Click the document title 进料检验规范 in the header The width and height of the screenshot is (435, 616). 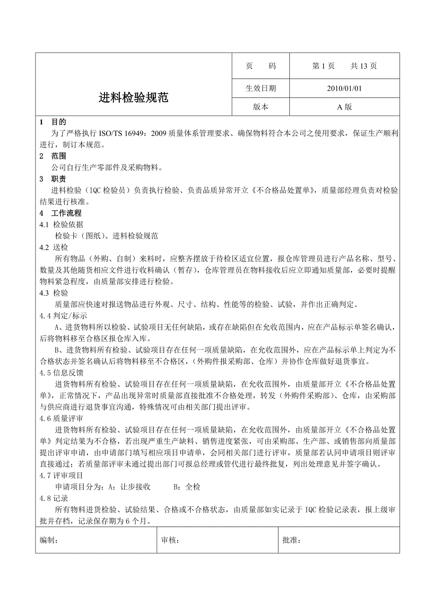point(133,98)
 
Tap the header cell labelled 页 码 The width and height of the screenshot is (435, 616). point(261,66)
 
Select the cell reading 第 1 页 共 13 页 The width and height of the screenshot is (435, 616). point(344,66)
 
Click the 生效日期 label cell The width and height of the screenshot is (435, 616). point(261,88)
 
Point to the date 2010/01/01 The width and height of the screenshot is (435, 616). point(344,88)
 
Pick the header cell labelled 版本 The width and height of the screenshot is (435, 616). point(261,107)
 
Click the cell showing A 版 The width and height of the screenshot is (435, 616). point(344,107)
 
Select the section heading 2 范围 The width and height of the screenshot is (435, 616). point(53,156)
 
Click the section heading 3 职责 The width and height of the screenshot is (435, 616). point(53,179)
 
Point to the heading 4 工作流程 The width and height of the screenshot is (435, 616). point(61,213)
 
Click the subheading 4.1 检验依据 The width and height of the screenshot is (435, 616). point(61,224)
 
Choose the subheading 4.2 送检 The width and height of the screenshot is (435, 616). point(54,247)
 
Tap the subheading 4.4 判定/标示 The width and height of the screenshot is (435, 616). point(63,316)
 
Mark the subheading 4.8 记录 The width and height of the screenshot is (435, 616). point(54,498)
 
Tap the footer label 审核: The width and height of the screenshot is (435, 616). point(170,541)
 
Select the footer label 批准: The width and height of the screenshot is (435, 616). point(291,541)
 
